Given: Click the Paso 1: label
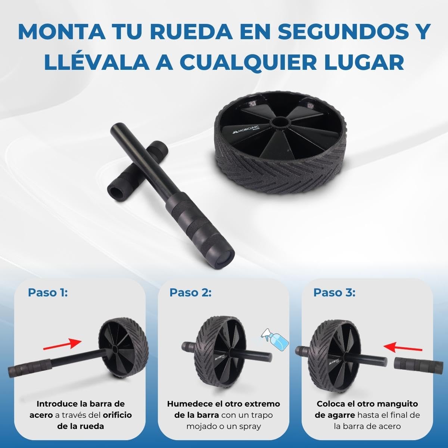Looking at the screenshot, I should (x=48, y=293).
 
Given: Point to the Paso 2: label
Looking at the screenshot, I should (x=190, y=293).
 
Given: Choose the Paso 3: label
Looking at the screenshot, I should (x=335, y=293).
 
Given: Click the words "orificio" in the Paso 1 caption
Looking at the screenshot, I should (x=117, y=415).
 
